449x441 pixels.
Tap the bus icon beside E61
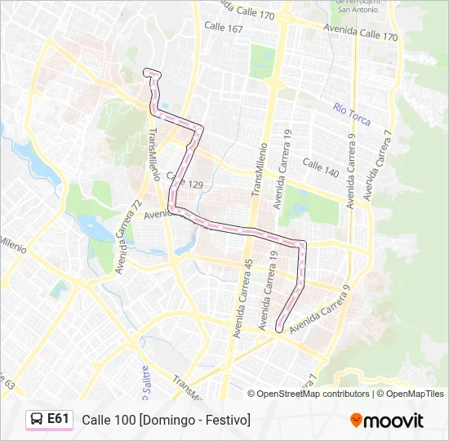coord(38,420)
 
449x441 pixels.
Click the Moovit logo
coord(387,421)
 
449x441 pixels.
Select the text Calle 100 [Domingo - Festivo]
coord(166,420)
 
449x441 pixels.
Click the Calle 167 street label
coord(224,29)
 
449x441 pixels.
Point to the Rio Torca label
coord(352,114)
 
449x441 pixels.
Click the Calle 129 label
coord(184,180)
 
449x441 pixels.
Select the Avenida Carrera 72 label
coord(128,236)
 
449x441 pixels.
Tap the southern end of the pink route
coord(279,329)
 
